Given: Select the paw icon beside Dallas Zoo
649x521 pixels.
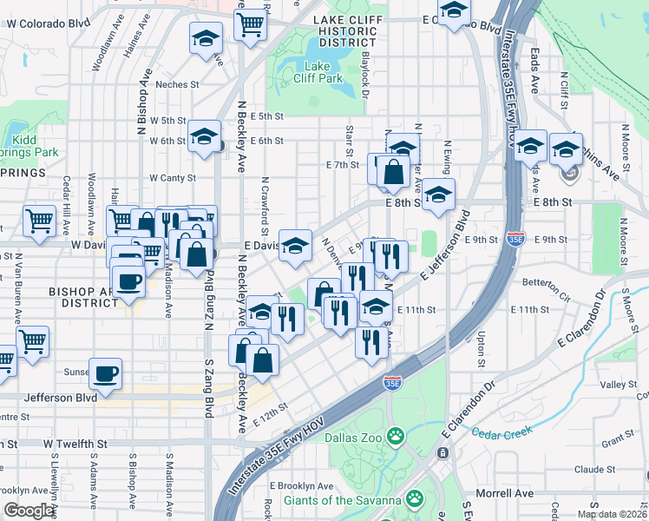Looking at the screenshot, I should [x=397, y=434].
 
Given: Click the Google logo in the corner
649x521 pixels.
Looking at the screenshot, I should [x=29, y=511].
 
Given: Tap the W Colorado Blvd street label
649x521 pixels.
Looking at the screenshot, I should [x=48, y=23].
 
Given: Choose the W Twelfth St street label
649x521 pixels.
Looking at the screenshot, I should [x=75, y=443].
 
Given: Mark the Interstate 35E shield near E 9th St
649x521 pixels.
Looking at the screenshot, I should [x=515, y=238].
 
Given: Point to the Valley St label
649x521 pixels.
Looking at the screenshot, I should [x=619, y=384].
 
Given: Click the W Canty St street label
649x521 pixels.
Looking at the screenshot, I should [x=174, y=177].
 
